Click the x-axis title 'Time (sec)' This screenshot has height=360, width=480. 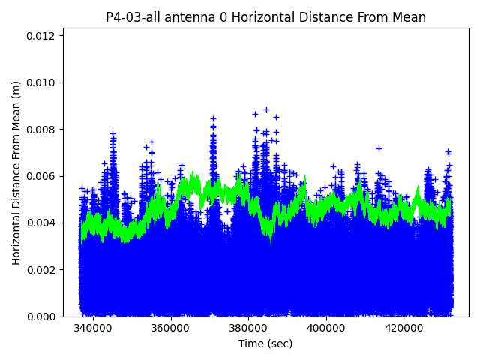265,343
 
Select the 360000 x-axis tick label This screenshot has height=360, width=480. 170,328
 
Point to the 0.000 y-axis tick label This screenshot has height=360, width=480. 43,316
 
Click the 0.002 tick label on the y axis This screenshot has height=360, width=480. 43,270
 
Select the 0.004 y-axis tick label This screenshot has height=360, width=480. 43,223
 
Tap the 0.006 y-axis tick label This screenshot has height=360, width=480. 43,176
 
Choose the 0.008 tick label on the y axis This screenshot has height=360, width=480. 43,130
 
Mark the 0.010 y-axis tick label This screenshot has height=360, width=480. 43,82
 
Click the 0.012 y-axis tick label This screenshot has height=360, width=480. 43,36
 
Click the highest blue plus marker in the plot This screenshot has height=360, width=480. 266,109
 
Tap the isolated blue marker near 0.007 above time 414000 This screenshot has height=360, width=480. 379,148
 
